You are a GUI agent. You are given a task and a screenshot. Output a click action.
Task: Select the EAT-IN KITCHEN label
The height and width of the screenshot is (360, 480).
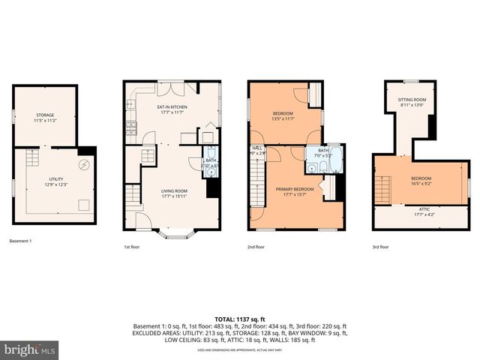(172, 107)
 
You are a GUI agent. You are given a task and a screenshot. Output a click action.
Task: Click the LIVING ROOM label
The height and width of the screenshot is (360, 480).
(174, 190)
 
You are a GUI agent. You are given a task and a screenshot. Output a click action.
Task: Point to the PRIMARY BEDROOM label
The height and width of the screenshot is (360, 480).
(294, 189)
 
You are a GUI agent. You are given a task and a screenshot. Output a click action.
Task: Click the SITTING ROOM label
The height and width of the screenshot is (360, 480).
(412, 100)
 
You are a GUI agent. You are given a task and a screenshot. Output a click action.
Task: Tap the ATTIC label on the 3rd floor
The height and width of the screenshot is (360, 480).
(424, 210)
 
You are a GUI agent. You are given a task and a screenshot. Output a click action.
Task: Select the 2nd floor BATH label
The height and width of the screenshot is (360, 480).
(323, 151)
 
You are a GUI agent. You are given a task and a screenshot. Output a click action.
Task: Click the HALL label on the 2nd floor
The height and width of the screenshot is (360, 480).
(257, 148)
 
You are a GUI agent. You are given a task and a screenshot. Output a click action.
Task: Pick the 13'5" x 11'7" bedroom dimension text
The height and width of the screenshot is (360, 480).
(283, 118)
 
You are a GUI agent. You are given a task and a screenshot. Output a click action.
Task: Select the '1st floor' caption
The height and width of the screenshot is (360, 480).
(131, 246)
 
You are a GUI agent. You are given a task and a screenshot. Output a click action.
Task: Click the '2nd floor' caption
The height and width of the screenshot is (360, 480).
(256, 246)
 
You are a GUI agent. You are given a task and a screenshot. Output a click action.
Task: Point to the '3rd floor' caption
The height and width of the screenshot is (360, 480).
(380, 246)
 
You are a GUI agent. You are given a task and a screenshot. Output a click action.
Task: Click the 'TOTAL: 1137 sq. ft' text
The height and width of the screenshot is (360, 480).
(239, 318)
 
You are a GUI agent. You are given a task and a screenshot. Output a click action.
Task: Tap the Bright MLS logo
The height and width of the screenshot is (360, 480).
(30, 349)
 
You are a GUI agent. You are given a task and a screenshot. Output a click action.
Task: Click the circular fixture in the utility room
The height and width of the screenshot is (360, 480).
(85, 165)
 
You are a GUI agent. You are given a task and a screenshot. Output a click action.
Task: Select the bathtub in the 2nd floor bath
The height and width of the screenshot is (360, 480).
(337, 159)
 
